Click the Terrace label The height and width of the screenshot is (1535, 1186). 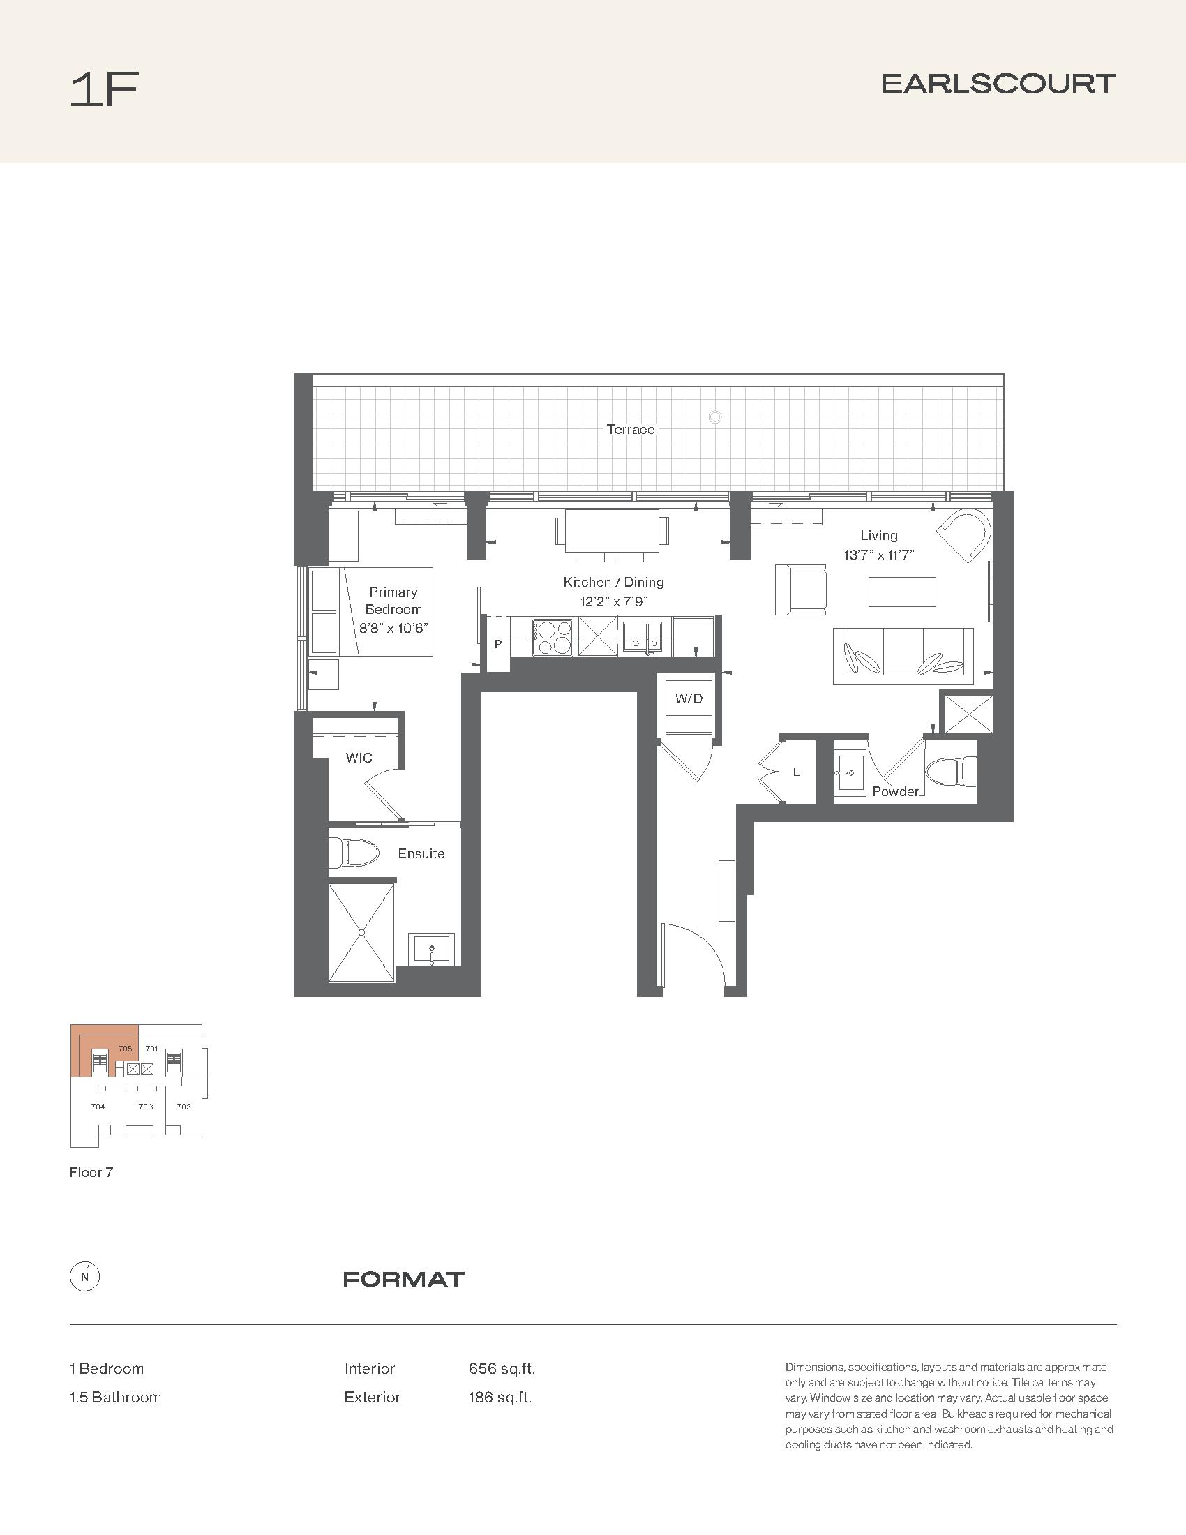(x=630, y=429)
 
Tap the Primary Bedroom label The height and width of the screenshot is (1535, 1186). (x=393, y=601)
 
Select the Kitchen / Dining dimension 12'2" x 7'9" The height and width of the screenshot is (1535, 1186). (x=613, y=601)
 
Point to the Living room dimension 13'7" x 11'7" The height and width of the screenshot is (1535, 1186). (x=878, y=555)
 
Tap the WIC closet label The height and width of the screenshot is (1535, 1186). (x=359, y=758)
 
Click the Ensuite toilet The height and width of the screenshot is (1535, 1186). (x=354, y=853)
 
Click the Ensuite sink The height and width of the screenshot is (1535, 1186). (x=432, y=950)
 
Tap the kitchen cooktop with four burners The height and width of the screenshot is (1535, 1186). (x=555, y=637)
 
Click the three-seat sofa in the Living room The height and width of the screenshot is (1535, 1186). (x=903, y=656)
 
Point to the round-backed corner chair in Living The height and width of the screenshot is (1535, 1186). (x=964, y=535)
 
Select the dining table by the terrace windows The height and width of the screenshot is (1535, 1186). (x=612, y=536)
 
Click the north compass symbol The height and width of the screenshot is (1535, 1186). (x=85, y=1277)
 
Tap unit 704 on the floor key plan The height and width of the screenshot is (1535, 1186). (x=98, y=1107)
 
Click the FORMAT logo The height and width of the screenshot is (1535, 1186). (x=404, y=1279)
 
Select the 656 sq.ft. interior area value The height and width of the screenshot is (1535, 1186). (x=502, y=1368)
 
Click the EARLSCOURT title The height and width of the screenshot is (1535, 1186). (x=998, y=84)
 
